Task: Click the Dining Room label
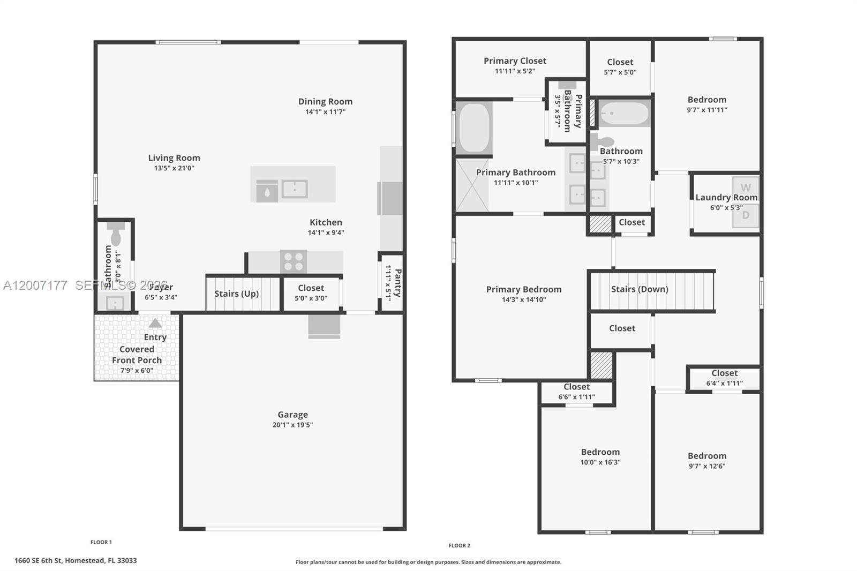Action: tap(325, 101)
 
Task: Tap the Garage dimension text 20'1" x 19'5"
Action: tap(292, 425)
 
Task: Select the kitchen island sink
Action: tap(294, 189)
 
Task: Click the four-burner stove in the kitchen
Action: tap(294, 262)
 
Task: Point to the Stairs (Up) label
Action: tap(236, 294)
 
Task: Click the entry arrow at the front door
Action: tap(155, 323)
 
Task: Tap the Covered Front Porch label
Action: tap(137, 355)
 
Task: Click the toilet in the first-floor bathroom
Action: tap(115, 233)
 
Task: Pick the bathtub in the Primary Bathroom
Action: tap(474, 128)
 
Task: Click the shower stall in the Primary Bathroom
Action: tap(472, 185)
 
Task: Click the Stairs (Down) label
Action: tap(640, 289)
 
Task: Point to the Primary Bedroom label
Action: tap(523, 289)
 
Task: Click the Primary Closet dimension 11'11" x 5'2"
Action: tap(515, 71)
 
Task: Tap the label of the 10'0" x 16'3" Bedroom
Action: tap(600, 452)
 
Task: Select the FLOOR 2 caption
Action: tap(459, 545)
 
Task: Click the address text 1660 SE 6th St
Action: tap(75, 560)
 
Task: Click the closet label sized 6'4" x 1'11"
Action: tap(724, 373)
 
